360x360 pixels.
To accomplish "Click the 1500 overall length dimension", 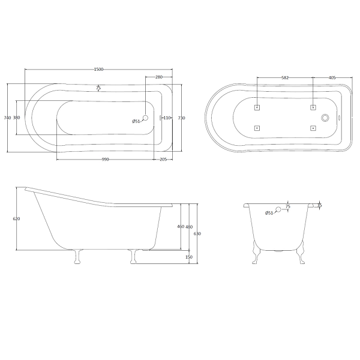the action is pyautogui.click(x=99, y=70).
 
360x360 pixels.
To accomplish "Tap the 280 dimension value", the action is pyautogui.click(x=159, y=77).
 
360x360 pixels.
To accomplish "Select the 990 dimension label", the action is pyautogui.click(x=105, y=160).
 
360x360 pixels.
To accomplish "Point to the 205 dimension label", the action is pyautogui.click(x=163, y=160).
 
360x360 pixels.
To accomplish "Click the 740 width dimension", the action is pyautogui.click(x=8, y=118).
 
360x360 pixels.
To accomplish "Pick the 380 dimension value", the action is pyautogui.click(x=17, y=118).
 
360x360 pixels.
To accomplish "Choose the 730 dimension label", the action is pyautogui.click(x=182, y=118).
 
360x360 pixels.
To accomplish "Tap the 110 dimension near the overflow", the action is pyautogui.click(x=167, y=118).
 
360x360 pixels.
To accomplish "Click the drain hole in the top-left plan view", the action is pyautogui.click(x=145, y=118).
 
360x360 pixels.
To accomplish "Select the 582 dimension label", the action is pyautogui.click(x=285, y=78).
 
